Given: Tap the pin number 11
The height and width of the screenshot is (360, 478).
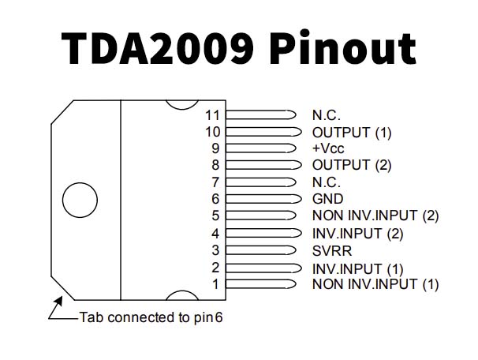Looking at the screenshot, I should click(211, 115).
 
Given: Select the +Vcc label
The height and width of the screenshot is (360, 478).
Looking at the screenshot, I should click(328, 148).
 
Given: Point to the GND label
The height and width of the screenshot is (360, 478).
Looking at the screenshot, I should click(327, 199).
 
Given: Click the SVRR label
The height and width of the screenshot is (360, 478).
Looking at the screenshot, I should click(330, 250).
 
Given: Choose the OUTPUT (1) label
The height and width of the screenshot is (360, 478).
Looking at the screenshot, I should click(351, 132).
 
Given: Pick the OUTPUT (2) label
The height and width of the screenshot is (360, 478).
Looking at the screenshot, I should click(351, 165).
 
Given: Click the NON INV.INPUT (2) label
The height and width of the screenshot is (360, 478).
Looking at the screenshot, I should click(375, 216).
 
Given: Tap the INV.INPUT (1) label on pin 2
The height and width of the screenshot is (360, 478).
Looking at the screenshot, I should click(357, 268).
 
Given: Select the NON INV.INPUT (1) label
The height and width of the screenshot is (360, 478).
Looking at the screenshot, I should click(375, 283).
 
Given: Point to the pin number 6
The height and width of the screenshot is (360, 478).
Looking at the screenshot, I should click(215, 199).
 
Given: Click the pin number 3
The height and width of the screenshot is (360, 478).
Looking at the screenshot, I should click(215, 250).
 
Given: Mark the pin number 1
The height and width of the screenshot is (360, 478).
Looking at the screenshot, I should click(215, 283).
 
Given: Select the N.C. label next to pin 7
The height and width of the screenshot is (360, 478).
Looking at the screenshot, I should click(327, 182).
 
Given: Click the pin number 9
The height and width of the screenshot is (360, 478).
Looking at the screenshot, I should click(215, 148).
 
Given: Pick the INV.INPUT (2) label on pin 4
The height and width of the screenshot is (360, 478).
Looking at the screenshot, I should click(357, 233).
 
